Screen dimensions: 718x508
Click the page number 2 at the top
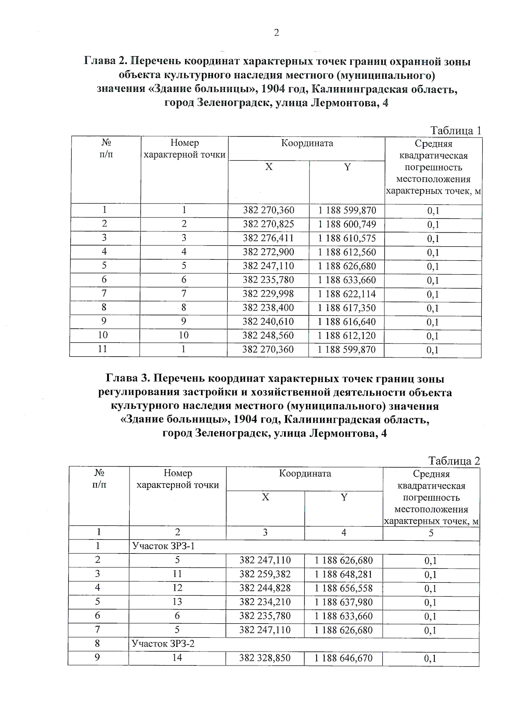click(276, 33)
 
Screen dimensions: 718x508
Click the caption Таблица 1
click(456, 130)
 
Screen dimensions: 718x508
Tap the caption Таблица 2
click(454, 461)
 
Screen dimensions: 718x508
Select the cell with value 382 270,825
click(268, 224)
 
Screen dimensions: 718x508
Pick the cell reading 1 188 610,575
click(347, 238)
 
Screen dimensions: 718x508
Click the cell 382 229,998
click(268, 294)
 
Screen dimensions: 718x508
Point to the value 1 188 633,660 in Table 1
click(347, 280)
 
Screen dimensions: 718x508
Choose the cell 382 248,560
click(268, 336)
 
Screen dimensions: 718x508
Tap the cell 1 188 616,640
click(347, 322)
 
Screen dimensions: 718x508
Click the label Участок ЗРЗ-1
click(163, 546)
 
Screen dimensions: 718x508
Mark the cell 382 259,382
click(265, 574)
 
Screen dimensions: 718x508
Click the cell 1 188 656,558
click(344, 588)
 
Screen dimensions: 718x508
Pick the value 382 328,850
click(265, 658)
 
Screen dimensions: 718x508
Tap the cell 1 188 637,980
click(344, 602)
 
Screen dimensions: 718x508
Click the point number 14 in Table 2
click(177, 658)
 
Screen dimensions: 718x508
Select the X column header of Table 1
click(269, 167)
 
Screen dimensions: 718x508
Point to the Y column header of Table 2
click(344, 498)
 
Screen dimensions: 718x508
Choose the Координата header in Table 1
click(307, 143)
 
